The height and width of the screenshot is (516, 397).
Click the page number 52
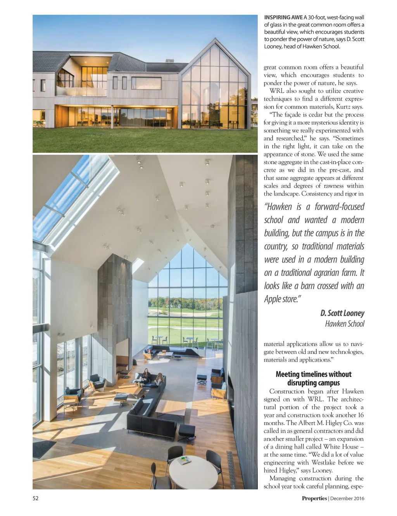35,499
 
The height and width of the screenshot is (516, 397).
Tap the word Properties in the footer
314,499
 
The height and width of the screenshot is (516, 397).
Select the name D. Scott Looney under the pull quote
342,313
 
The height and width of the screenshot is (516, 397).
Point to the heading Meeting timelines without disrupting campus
313,378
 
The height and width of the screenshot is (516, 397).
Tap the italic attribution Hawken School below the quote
345,324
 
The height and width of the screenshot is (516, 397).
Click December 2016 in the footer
347,499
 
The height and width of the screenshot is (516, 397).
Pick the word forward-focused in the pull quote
339,207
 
